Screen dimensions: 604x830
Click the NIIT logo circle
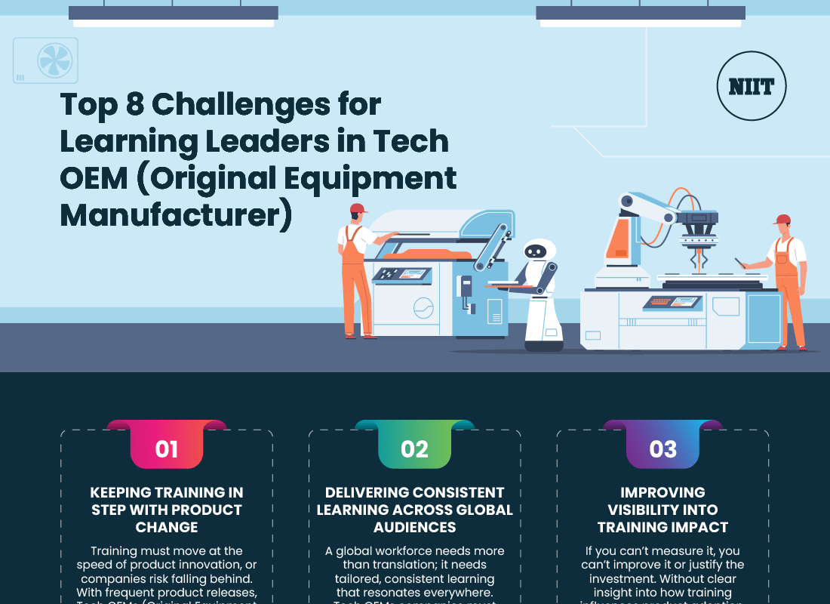[751, 87]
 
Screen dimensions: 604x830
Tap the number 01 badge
[167, 449]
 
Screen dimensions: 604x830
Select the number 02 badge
[414, 449]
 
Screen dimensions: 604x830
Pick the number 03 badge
[662, 449]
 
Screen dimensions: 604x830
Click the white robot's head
[539, 253]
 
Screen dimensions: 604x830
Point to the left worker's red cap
[358, 208]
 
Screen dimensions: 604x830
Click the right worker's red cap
[782, 220]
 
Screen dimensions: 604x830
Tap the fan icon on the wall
[54, 60]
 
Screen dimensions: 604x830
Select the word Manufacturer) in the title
[175, 214]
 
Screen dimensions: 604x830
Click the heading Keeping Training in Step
[167, 510]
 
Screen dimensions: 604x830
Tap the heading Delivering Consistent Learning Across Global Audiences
[414, 510]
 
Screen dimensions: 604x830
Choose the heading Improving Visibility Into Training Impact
[662, 510]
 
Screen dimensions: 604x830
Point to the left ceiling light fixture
[173, 14]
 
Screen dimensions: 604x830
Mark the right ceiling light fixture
[641, 14]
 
